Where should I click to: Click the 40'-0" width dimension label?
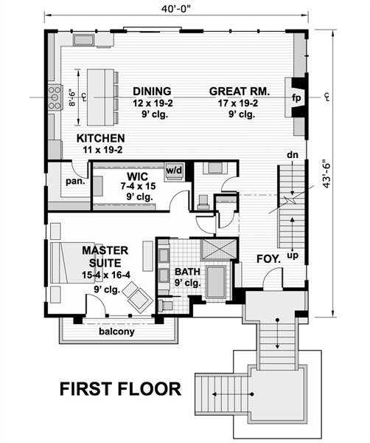click(176, 9)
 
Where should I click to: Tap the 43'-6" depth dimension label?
click(327, 176)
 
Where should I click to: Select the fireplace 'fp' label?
click(296, 98)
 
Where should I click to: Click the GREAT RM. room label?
click(240, 92)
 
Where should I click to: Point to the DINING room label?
click(152, 92)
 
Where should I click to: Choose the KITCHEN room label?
click(101, 138)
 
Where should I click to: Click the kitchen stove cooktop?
click(55, 97)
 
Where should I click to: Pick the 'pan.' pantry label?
click(75, 182)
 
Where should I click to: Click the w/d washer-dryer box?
click(174, 171)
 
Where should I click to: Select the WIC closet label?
click(137, 176)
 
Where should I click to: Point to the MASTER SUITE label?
click(105, 256)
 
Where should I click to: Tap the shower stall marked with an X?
click(219, 249)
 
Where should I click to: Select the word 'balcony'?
click(116, 331)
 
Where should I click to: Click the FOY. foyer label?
click(269, 259)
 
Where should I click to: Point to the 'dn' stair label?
click(293, 155)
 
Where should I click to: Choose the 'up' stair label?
click(293, 256)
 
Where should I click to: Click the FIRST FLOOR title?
click(120, 389)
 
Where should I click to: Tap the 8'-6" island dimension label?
click(72, 97)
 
